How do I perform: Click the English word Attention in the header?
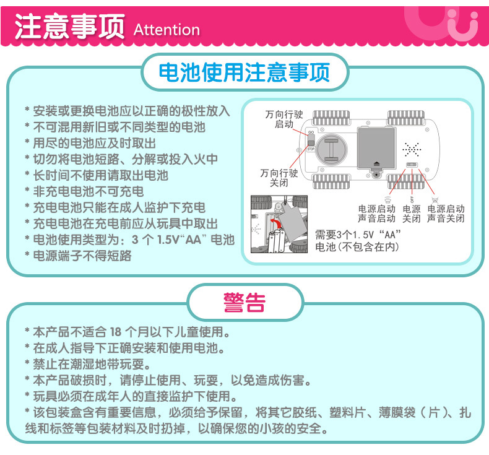167,30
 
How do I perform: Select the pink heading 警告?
244,303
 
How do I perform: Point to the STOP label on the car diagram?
311,149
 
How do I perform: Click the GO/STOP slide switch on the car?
311,141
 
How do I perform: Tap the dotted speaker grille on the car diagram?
412,149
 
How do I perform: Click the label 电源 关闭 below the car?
411,214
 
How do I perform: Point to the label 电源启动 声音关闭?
446,214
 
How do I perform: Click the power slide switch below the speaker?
412,165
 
